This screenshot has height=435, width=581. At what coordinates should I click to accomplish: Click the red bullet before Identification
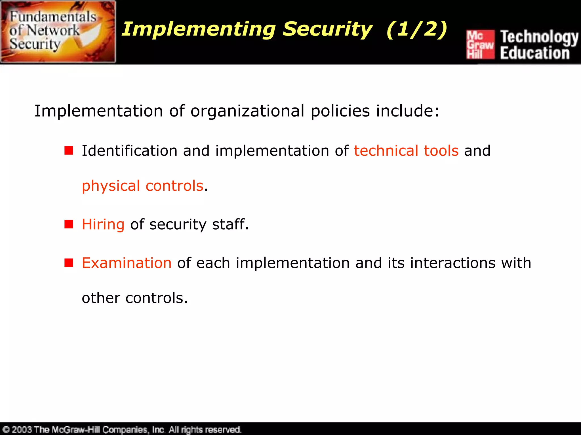click(69, 151)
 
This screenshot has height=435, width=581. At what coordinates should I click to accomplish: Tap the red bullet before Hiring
click(69, 224)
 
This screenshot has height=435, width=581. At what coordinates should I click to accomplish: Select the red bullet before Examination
click(69, 263)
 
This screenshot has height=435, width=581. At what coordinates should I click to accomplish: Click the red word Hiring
click(103, 224)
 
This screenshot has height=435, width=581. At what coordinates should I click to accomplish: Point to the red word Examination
click(127, 263)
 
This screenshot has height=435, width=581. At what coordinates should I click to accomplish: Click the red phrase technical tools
click(406, 151)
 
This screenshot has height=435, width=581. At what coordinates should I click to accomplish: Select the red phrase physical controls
click(142, 186)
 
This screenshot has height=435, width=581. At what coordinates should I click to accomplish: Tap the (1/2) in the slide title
click(417, 29)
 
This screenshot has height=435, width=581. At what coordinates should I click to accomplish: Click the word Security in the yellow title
click(327, 29)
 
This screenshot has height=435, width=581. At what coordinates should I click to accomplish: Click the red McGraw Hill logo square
click(480, 44)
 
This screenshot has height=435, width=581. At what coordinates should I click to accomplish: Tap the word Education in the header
click(535, 53)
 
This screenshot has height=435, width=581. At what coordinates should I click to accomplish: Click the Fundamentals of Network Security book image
click(58, 32)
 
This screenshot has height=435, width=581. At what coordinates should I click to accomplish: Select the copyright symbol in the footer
click(6, 429)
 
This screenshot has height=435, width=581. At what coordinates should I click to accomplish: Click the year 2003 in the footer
click(22, 429)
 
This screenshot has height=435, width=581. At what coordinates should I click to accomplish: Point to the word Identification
click(129, 151)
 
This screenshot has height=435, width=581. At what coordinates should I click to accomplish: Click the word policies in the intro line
click(340, 111)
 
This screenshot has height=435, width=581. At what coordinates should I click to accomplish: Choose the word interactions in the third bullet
click(452, 263)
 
